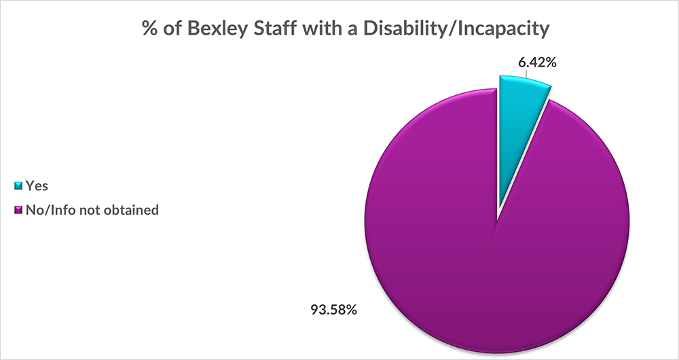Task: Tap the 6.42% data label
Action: [537, 63]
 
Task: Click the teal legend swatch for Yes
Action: [18, 185]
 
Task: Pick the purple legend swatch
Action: [18, 211]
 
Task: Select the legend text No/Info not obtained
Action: [92, 211]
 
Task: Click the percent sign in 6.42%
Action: [551, 63]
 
